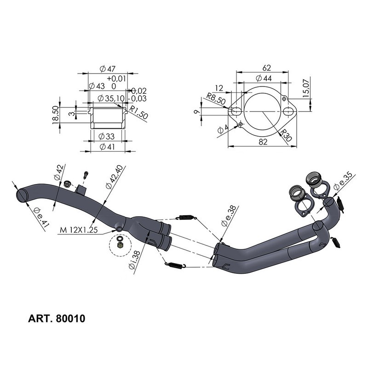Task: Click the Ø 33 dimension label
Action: (107, 137)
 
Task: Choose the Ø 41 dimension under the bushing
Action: (107, 147)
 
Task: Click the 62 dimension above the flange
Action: (266, 68)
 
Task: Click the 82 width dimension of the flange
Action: (263, 142)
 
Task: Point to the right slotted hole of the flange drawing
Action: (288, 112)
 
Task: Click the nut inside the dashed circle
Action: (120, 246)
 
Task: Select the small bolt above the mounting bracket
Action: (86, 176)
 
